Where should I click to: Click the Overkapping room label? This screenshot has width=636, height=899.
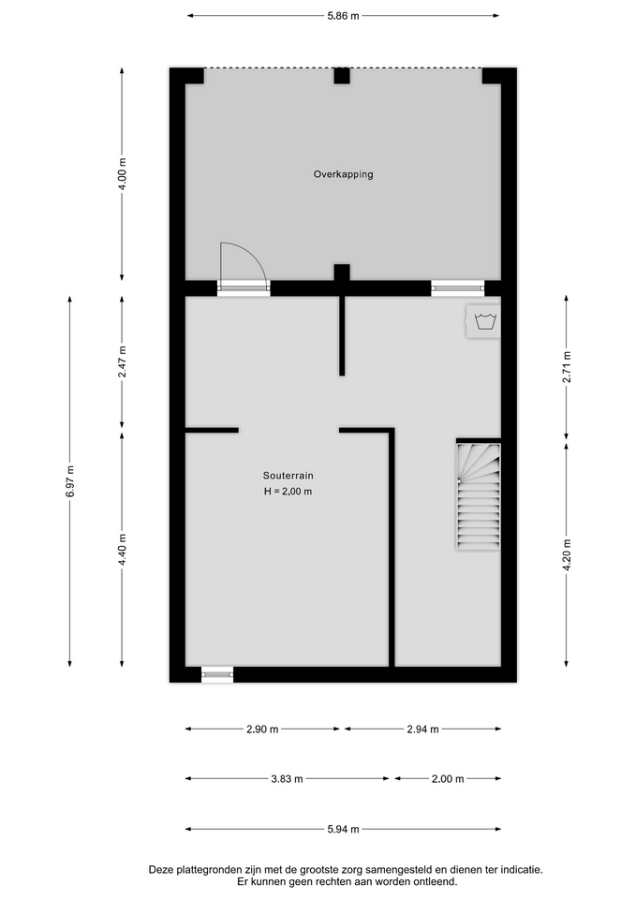(x=343, y=174)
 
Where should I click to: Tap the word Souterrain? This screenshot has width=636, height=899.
(x=288, y=476)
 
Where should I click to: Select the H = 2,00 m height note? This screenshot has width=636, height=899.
(x=288, y=492)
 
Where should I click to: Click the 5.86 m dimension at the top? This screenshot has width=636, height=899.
(x=343, y=16)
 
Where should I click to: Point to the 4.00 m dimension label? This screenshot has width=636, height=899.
(x=122, y=174)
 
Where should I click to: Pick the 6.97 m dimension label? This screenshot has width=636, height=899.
(x=70, y=481)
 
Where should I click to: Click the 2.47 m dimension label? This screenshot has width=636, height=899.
(x=122, y=362)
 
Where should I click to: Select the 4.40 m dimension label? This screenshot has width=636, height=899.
(x=122, y=550)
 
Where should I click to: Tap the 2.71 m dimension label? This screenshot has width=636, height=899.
(x=567, y=367)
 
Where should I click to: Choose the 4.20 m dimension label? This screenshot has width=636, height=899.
(x=567, y=554)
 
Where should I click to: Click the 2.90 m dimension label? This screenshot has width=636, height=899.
(x=262, y=730)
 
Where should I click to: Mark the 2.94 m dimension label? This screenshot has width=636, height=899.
(x=422, y=730)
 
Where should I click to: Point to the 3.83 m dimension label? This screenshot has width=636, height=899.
(x=287, y=779)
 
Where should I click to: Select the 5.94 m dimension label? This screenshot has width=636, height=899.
(x=343, y=829)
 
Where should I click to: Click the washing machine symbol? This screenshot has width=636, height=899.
(x=483, y=321)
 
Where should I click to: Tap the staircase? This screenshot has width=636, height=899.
(x=479, y=496)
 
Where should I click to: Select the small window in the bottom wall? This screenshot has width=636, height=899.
(x=217, y=675)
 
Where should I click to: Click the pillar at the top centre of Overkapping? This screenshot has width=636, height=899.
(x=342, y=76)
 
